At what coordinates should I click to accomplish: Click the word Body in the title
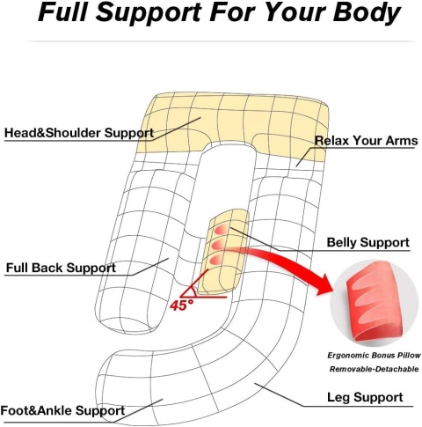click(367, 13)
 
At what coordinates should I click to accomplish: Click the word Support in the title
click(149, 13)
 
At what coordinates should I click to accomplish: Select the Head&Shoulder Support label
click(79, 133)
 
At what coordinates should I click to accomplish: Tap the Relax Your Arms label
click(366, 140)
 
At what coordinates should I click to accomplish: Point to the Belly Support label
click(367, 243)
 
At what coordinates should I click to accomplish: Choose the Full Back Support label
click(61, 268)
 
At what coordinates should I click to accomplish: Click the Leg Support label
click(365, 397)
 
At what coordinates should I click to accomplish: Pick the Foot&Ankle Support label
click(62, 410)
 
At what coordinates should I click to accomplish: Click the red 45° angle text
click(182, 306)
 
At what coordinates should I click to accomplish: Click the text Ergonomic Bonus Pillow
click(374, 356)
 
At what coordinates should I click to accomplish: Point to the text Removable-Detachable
click(374, 369)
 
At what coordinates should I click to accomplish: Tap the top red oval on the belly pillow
click(222, 230)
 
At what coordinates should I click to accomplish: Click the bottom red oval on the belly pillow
click(220, 259)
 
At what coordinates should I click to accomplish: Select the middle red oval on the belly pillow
click(221, 245)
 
